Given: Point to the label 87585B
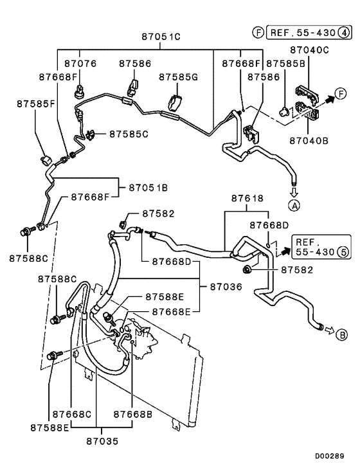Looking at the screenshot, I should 285,64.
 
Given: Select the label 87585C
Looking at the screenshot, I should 129,134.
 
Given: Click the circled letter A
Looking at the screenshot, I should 294,206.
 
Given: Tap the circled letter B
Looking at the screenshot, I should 343,334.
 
